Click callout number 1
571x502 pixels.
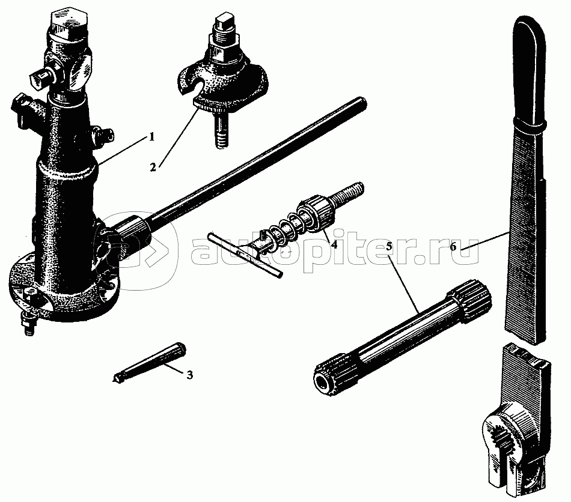pos(151,137)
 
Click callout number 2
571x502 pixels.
pos(153,167)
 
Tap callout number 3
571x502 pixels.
pos(190,375)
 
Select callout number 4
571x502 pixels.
pos(334,244)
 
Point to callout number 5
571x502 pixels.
pos(389,246)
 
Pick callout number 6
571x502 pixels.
pos(453,247)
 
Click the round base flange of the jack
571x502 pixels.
pos(64,291)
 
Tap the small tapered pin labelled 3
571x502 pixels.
pos(150,362)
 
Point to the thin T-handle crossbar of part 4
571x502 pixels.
pos(245,255)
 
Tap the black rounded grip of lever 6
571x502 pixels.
pos(530,69)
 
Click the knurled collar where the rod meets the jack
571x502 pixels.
pos(134,232)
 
